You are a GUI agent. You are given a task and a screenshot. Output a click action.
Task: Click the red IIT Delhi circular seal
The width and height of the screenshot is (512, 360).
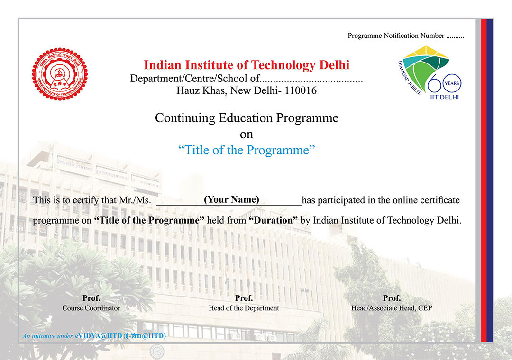[60, 73]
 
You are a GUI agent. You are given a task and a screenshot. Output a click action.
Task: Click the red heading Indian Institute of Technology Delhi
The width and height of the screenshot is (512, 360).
[247, 65]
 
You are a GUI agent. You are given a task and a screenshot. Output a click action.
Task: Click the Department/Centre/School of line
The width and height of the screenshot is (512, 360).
[247, 78]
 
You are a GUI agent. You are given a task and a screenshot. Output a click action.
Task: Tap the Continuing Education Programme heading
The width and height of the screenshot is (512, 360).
[247, 118]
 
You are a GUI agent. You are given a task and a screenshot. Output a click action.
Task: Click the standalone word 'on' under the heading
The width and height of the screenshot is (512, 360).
[247, 135]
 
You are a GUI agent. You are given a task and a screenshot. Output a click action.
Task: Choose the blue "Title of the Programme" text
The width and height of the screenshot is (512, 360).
[247, 151]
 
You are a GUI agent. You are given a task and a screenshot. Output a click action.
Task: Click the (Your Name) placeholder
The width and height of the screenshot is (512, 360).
[231, 199]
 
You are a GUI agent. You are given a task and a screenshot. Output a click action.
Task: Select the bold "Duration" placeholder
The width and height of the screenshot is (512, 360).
[273, 220]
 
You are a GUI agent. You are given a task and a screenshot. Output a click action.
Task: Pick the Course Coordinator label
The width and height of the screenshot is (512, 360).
[91, 308]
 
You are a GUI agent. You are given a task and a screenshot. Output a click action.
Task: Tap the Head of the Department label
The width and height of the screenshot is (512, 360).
[244, 308]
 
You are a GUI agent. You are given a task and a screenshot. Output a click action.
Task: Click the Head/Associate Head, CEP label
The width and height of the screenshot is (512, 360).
[392, 308]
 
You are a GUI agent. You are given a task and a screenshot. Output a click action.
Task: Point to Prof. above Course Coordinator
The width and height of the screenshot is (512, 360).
[91, 298]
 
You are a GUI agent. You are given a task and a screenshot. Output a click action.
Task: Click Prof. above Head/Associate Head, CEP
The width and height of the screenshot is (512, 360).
[392, 298]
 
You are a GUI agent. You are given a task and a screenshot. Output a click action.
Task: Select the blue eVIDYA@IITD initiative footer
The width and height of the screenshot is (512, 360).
[94, 336]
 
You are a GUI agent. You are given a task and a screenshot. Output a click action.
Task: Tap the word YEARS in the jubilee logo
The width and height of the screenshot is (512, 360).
[452, 84]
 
